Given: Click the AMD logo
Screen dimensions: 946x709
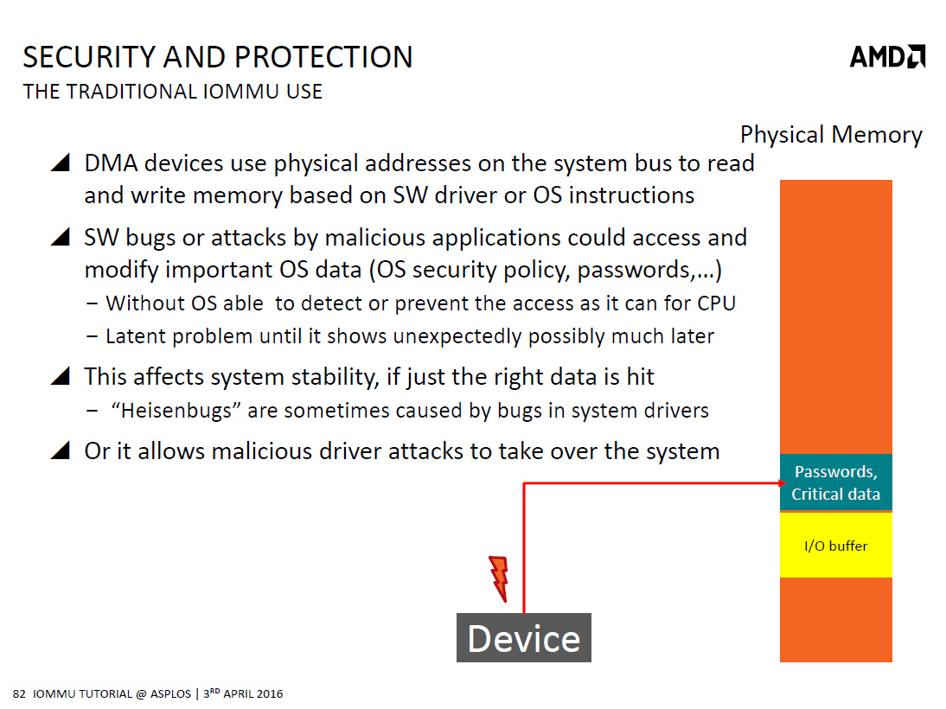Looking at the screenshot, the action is click(887, 57).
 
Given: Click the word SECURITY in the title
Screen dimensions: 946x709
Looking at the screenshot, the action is click(89, 57).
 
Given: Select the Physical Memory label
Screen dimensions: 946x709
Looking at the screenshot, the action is click(831, 135).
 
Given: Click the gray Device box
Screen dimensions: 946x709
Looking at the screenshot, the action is click(524, 638).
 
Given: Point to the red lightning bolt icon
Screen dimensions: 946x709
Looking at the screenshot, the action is click(499, 578).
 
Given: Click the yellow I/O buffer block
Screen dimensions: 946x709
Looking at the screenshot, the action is click(835, 546).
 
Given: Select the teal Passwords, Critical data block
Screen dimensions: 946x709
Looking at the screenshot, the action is click(835, 482).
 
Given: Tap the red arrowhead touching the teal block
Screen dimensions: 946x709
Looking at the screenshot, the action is click(783, 482).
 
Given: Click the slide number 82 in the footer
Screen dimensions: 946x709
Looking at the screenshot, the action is click(19, 694).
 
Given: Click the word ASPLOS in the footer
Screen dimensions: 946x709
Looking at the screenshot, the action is click(170, 694).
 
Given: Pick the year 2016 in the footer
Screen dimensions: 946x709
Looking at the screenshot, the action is click(270, 694).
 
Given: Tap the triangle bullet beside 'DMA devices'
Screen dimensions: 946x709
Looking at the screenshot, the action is click(61, 163).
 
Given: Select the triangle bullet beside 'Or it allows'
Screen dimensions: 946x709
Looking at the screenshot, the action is click(61, 450).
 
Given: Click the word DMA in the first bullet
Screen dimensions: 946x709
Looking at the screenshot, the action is click(111, 163).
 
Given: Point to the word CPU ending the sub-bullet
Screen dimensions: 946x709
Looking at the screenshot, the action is click(716, 303).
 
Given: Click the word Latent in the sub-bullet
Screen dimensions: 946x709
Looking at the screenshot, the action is click(137, 336).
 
